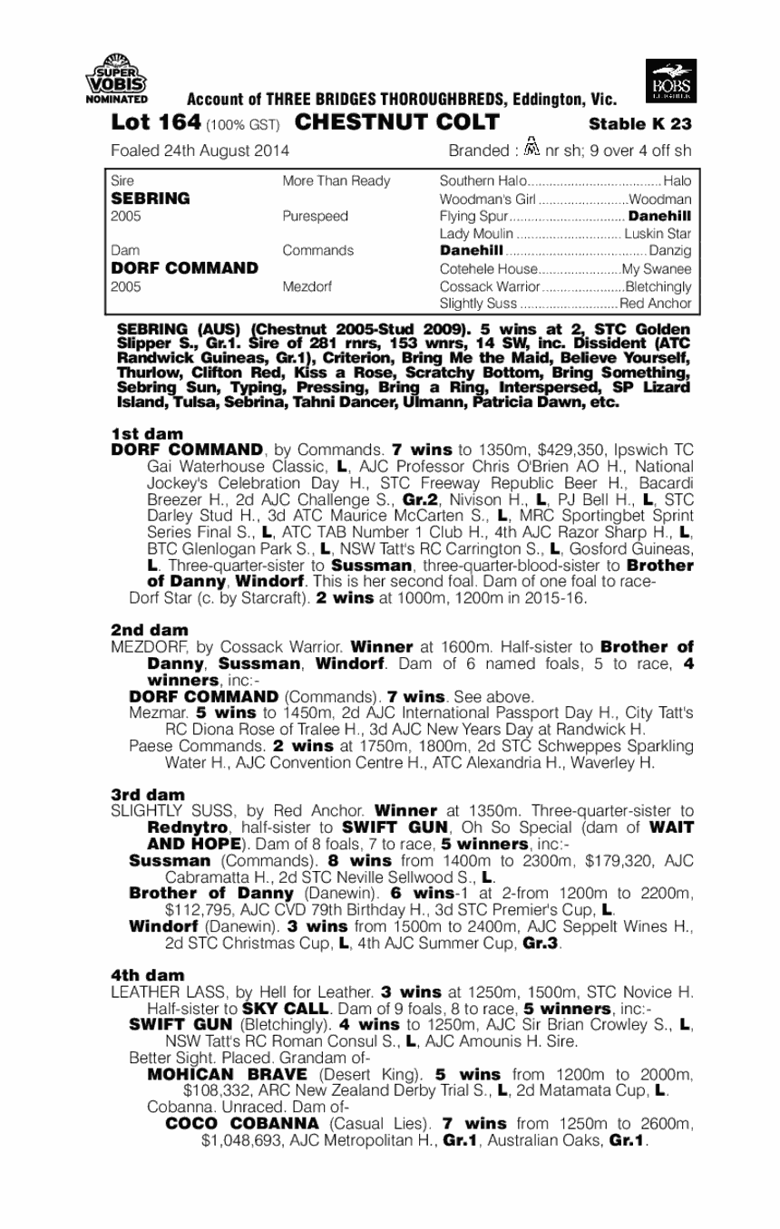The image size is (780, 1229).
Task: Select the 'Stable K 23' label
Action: [x=640, y=124]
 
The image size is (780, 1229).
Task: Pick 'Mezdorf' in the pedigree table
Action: [x=307, y=286]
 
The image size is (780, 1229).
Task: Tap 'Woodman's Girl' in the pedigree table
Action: [x=488, y=199]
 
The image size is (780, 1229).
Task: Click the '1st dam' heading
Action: [x=146, y=435]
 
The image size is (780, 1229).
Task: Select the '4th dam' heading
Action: [x=147, y=975]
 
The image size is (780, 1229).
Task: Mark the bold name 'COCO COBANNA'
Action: [x=241, y=1123]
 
